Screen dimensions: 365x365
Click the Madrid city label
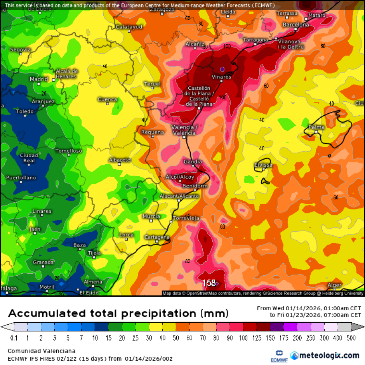[39, 79]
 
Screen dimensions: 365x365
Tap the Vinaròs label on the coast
[222, 77]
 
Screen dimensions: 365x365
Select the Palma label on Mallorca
[316, 127]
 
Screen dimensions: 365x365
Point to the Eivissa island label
[263, 165]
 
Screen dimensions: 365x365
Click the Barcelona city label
[296, 25]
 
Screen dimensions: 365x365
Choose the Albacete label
[119, 160]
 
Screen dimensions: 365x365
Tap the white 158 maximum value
[209, 283]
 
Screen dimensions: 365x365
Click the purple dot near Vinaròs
[222, 69]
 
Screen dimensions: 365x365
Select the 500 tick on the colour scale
[351, 338]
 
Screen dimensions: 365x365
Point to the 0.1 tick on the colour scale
[14, 338]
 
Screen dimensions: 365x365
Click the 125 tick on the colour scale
[256, 338]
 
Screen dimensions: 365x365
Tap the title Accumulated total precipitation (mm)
[118, 313]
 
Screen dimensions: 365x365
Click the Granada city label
[43, 262]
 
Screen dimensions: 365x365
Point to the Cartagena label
[157, 237]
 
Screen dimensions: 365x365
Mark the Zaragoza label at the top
[162, 9]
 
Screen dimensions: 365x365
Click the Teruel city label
[152, 84]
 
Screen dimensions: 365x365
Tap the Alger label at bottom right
[334, 285]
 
